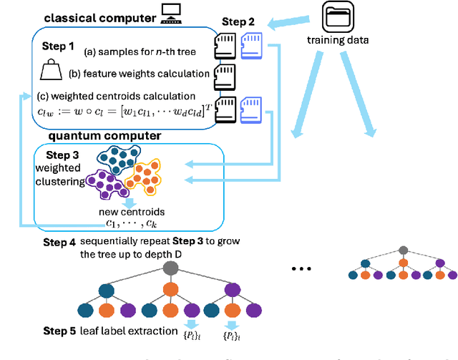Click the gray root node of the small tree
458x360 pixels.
coord(403,250)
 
